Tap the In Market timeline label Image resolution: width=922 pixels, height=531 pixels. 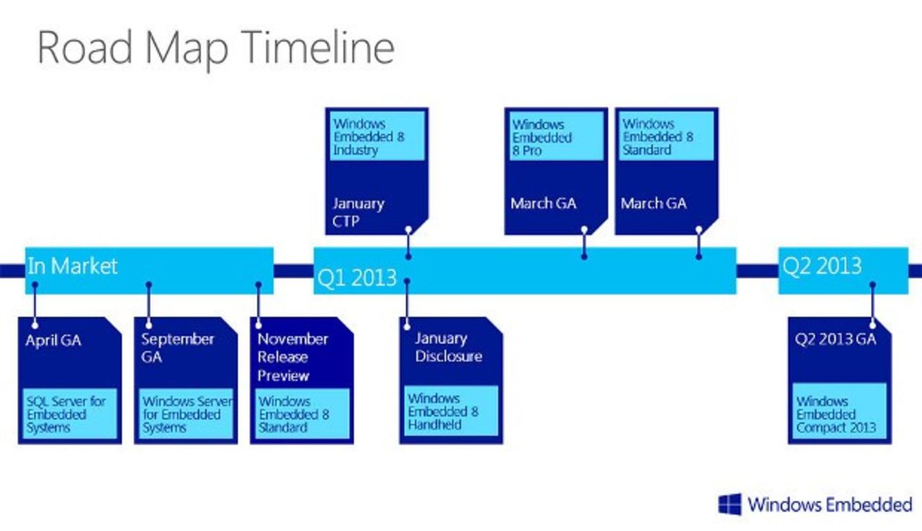72,266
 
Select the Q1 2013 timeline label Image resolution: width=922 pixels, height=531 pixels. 357,277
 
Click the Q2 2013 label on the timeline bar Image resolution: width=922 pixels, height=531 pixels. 822,266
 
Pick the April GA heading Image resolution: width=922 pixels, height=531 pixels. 53,341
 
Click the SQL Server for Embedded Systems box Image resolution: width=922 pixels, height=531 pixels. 70,415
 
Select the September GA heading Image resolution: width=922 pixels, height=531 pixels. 177,347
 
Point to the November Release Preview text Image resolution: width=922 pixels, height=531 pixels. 293,357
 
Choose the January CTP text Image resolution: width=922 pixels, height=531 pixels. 358,212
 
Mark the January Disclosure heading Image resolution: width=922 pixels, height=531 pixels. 448,347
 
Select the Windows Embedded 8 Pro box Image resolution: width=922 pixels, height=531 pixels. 555,137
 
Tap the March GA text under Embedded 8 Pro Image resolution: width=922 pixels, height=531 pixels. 543,203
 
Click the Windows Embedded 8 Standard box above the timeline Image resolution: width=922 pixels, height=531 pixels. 666,137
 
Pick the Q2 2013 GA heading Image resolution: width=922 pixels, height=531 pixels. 836,339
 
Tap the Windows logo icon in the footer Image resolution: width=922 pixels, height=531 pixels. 730,504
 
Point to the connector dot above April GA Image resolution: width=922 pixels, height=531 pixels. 35,285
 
